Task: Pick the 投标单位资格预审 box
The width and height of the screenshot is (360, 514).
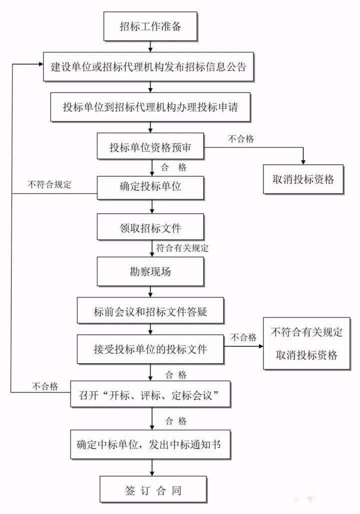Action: (x=150, y=148)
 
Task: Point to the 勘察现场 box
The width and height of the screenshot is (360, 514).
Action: (x=150, y=272)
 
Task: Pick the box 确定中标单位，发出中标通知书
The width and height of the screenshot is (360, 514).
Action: (x=150, y=444)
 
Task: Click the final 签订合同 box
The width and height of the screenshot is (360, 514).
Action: (x=150, y=489)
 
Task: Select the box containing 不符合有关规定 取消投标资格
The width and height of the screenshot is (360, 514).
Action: (x=306, y=344)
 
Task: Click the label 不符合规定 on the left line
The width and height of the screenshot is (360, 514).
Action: (x=49, y=184)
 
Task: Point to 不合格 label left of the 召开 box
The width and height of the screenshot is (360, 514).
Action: (x=45, y=386)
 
